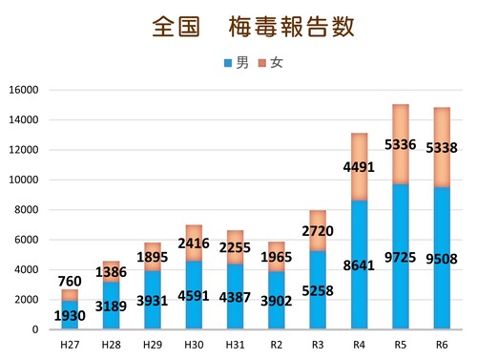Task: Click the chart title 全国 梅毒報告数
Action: pyautogui.click(x=253, y=26)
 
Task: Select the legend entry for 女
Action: pyautogui.click(x=270, y=63)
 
